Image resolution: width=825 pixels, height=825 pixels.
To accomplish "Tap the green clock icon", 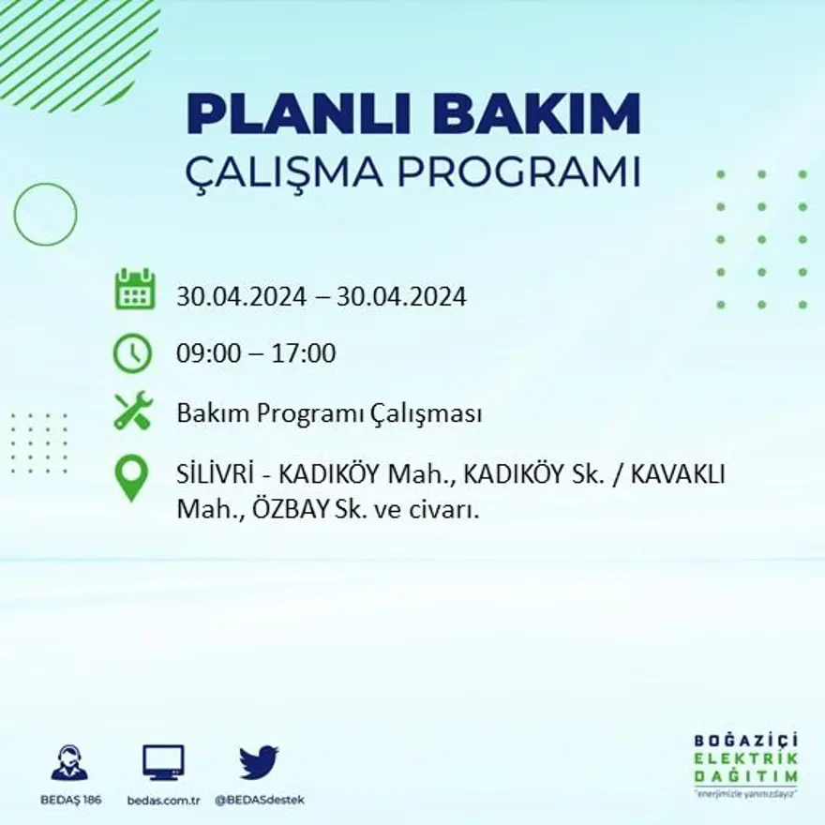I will point(132,353).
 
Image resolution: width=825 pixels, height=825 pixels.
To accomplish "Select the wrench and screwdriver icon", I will point(132,412).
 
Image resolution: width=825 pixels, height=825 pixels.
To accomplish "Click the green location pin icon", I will point(131,476).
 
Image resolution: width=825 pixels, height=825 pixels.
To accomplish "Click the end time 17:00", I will point(304,354).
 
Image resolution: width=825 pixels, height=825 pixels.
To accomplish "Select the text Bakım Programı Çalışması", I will point(329,413).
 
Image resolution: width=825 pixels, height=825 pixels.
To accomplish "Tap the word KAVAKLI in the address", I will point(678,475).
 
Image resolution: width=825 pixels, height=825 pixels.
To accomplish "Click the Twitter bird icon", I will point(259,762).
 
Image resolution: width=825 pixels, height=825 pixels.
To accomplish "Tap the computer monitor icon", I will point(163,762).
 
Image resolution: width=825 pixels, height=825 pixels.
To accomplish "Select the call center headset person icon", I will point(68,762).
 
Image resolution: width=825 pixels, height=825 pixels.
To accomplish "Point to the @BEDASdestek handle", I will point(260,800).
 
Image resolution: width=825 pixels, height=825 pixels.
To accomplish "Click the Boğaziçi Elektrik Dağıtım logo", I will point(746,759).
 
